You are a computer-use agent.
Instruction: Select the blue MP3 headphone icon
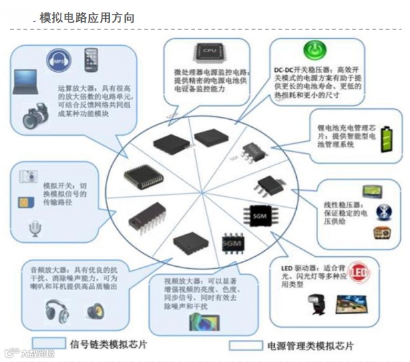coord(58,61)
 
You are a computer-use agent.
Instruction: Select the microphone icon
coord(33,229)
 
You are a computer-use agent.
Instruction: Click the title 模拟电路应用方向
coord(87,18)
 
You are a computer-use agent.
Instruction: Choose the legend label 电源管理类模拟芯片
coord(310,345)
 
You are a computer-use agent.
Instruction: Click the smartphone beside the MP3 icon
coord(91,61)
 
